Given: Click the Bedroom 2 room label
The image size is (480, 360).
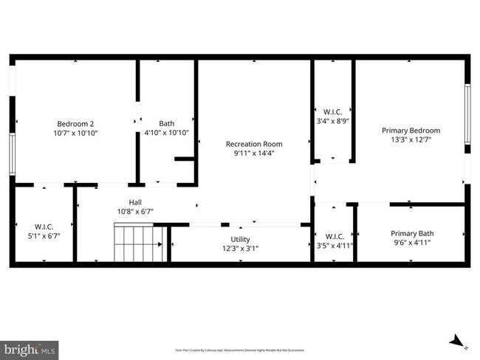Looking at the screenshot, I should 75,123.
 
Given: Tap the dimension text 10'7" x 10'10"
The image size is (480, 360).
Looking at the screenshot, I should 75,134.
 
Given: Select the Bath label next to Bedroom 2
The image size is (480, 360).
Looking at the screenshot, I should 167,123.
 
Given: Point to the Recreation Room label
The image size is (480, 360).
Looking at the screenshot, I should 254,144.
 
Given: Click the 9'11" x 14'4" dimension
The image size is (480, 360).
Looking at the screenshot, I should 254,154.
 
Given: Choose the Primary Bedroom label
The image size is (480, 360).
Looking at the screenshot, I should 411,130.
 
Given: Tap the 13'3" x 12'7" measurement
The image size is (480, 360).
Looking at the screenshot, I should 411,139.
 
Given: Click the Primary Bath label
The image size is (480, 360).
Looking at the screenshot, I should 411,233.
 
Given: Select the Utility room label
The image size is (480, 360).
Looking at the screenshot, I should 240,239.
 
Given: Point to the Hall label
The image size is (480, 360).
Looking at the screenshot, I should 135,201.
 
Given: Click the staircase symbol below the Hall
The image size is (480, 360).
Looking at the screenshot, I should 137,244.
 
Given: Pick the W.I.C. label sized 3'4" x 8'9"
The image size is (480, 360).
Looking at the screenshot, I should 328,111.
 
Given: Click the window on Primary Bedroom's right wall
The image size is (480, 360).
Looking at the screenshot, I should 467,114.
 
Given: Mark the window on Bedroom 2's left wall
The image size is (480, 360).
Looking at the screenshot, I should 13,154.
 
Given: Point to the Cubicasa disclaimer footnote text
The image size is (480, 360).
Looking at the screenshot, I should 240,350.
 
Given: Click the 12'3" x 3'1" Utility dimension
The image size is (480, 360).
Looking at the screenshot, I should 240,249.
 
